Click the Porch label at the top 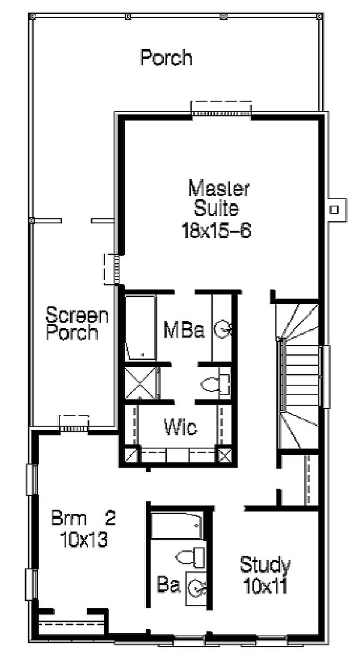(167, 58)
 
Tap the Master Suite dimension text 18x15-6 (216, 231)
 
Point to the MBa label (184, 330)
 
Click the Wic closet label (181, 427)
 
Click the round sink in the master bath (224, 330)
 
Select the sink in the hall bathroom (197, 589)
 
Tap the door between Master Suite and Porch (221, 108)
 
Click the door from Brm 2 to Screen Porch (74, 423)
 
